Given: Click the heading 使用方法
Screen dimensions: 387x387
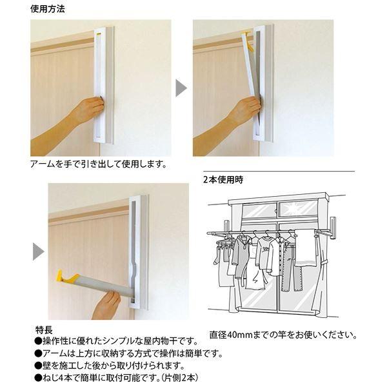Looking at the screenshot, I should tap(48, 10).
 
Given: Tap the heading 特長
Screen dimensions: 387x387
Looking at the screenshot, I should tap(43, 329).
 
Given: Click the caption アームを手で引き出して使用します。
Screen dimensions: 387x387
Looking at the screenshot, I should tap(98, 164).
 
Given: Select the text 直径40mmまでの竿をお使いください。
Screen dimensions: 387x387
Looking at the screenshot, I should tap(283, 335).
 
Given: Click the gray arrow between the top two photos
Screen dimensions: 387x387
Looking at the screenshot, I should tap(181, 88).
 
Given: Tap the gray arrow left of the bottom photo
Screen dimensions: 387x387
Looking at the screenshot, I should tap(38, 251).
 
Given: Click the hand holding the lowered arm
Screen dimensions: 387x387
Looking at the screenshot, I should tap(107, 304).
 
